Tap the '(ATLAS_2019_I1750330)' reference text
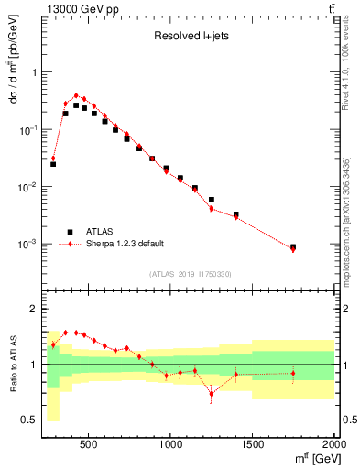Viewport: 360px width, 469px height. [189, 274]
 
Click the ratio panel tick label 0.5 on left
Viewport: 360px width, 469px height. [29, 420]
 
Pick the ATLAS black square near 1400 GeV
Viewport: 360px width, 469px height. [236, 214]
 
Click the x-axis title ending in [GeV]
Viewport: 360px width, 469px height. [312, 457]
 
